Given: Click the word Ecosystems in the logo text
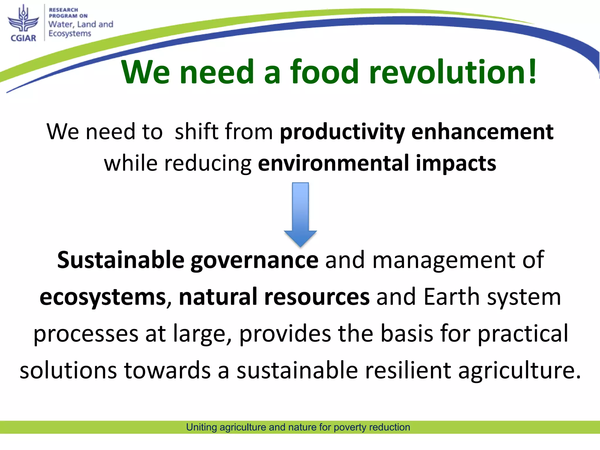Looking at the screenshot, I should click(x=70, y=34).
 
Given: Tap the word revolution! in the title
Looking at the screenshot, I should click(x=453, y=72).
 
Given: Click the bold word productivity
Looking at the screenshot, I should click(x=342, y=132).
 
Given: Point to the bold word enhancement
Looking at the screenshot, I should click(x=482, y=132).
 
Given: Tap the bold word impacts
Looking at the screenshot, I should click(x=456, y=163).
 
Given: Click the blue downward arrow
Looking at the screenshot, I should click(x=300, y=214).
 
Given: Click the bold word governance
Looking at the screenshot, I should click(x=254, y=260).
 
